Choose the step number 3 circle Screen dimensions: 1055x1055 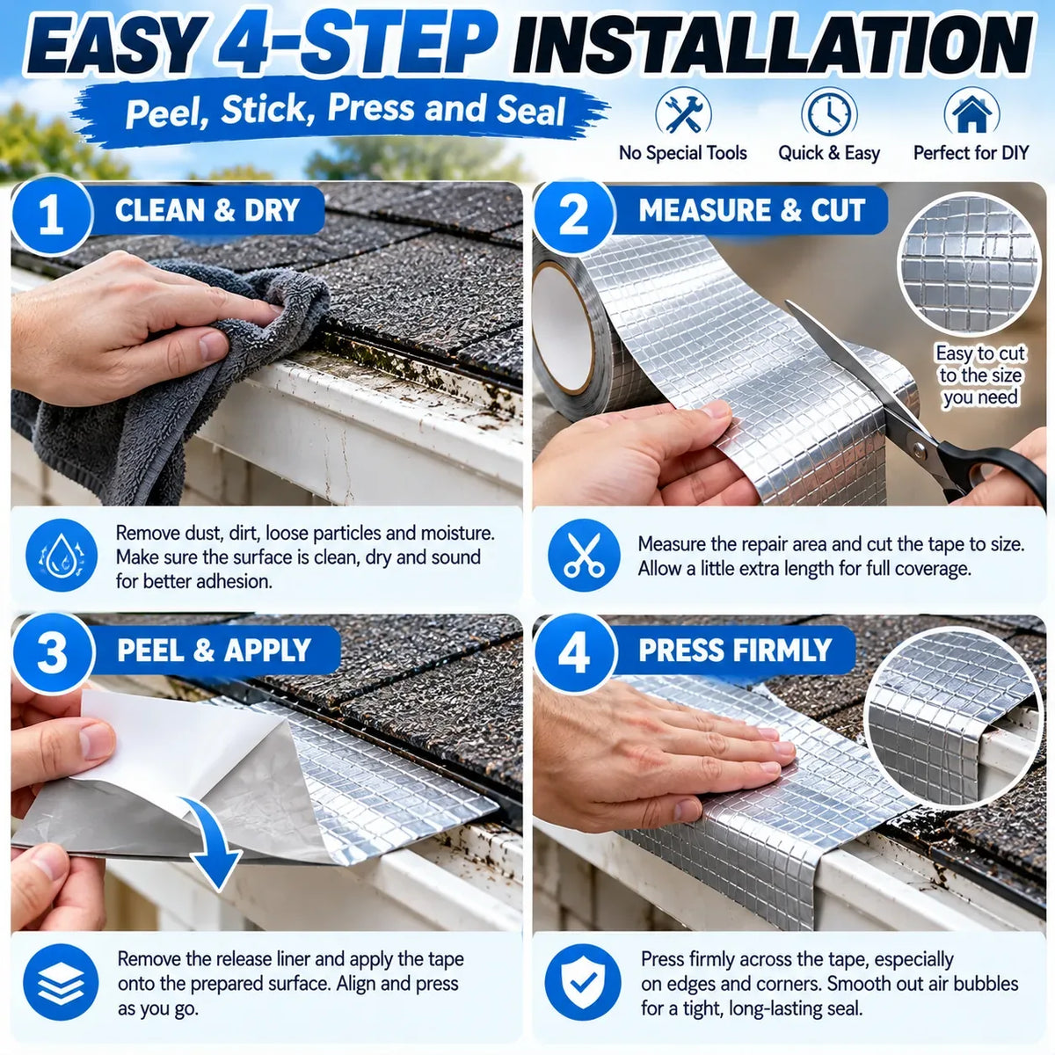(x=53, y=654)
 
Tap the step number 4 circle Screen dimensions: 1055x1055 (x=574, y=654)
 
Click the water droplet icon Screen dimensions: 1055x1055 (x=62, y=555)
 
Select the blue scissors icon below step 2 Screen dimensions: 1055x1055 (x=584, y=555)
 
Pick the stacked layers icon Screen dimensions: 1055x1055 (x=62, y=982)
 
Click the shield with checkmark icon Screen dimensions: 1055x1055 (x=584, y=982)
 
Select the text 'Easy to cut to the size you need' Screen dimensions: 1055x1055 (x=979, y=375)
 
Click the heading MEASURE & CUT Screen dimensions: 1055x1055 (x=752, y=210)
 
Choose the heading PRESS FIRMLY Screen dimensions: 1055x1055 (x=735, y=651)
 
